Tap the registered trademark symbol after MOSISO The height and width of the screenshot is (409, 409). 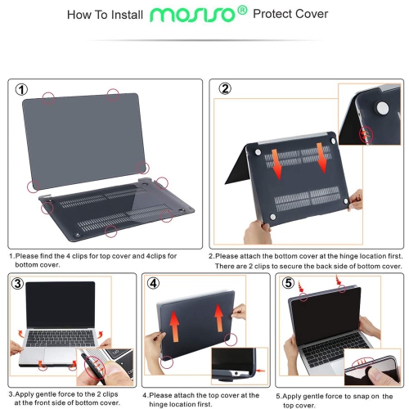[x=240, y=12]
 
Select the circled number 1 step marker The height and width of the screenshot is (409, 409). [x=22, y=90]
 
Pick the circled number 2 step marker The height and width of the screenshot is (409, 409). [x=223, y=90]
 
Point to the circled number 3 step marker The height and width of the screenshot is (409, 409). [x=19, y=284]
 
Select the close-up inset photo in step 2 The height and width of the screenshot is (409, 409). [x=368, y=115]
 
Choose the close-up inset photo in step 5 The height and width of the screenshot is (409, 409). [x=370, y=367]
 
